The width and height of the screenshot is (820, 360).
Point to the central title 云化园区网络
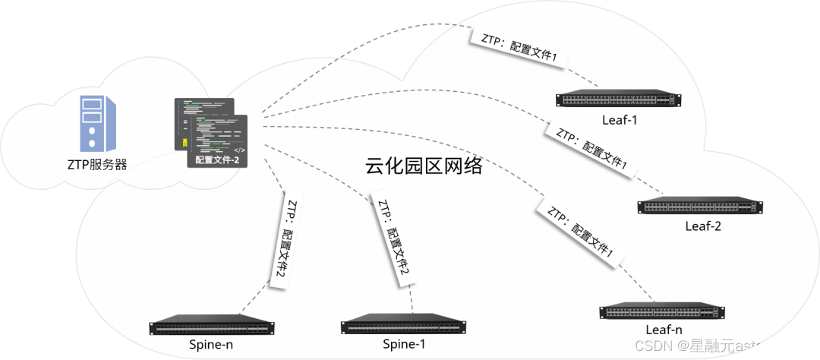(x=424, y=166)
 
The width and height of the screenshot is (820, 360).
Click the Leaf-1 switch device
(x=618, y=99)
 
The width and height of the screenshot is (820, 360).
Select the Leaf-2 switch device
(x=700, y=206)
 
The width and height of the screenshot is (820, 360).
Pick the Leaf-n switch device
(x=661, y=311)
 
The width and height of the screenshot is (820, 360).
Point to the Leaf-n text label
(x=663, y=330)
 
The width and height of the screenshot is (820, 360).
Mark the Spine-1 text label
(x=403, y=345)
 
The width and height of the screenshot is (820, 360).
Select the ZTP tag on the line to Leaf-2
(x=590, y=148)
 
